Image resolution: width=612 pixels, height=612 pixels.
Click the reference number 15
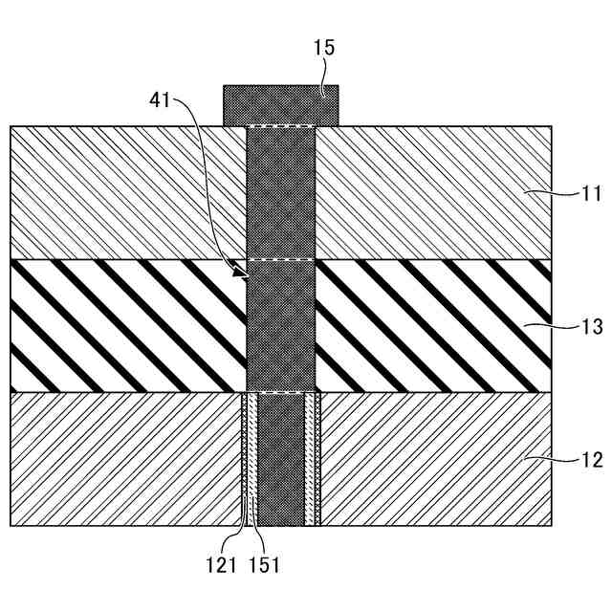pyautogui.click(x=324, y=48)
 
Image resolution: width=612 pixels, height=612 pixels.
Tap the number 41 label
pyautogui.click(x=161, y=98)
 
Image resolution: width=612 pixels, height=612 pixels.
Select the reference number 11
pyautogui.click(x=592, y=193)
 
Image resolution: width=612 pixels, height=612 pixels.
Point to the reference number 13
pyautogui.click(x=592, y=327)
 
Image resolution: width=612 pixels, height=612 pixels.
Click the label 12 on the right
pyautogui.click(x=592, y=460)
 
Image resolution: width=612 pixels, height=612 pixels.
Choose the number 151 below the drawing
pyautogui.click(x=265, y=565)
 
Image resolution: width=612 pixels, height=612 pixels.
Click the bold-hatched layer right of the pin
pyautogui.click(x=430, y=326)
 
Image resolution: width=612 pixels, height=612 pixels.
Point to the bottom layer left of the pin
pyautogui.click(x=124, y=459)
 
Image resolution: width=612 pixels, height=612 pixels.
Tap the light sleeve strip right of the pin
pyautogui.click(x=310, y=459)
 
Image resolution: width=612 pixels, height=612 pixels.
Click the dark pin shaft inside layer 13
pyautogui.click(x=280, y=326)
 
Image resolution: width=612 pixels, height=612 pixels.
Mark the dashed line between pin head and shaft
pyautogui.click(x=280, y=126)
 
